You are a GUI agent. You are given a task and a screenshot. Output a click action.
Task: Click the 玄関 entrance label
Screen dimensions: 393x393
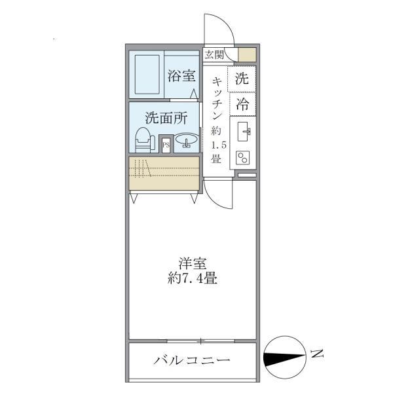coord(214,55)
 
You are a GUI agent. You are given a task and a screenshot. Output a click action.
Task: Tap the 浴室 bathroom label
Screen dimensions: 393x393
coord(181,75)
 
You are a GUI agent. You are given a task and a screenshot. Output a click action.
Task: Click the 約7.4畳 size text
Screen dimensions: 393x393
coord(192,278)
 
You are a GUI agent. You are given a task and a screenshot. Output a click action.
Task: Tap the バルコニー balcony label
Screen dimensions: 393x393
coord(192,360)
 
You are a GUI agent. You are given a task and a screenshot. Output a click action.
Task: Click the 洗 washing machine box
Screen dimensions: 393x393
coord(242,79)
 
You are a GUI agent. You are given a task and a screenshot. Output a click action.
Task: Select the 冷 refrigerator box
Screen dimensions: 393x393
coord(242,103)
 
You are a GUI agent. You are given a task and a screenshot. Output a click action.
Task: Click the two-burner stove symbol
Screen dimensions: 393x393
coord(244,158)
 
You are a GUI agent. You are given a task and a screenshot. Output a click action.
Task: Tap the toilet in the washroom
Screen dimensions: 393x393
coord(143,140)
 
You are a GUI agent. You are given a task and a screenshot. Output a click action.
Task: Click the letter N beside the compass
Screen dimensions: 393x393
coord(316,355)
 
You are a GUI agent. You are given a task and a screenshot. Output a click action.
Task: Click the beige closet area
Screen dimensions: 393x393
coord(164,174)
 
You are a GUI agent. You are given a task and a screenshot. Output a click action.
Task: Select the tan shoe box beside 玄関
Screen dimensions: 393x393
coord(248,55)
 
